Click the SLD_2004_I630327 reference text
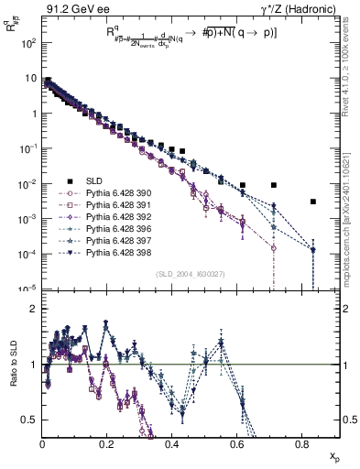[x=191, y=274]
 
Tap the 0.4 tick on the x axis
[x=172, y=445]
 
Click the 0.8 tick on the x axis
[x=302, y=445]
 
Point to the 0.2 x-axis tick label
[x=107, y=445]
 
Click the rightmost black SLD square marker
[x=313, y=202]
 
